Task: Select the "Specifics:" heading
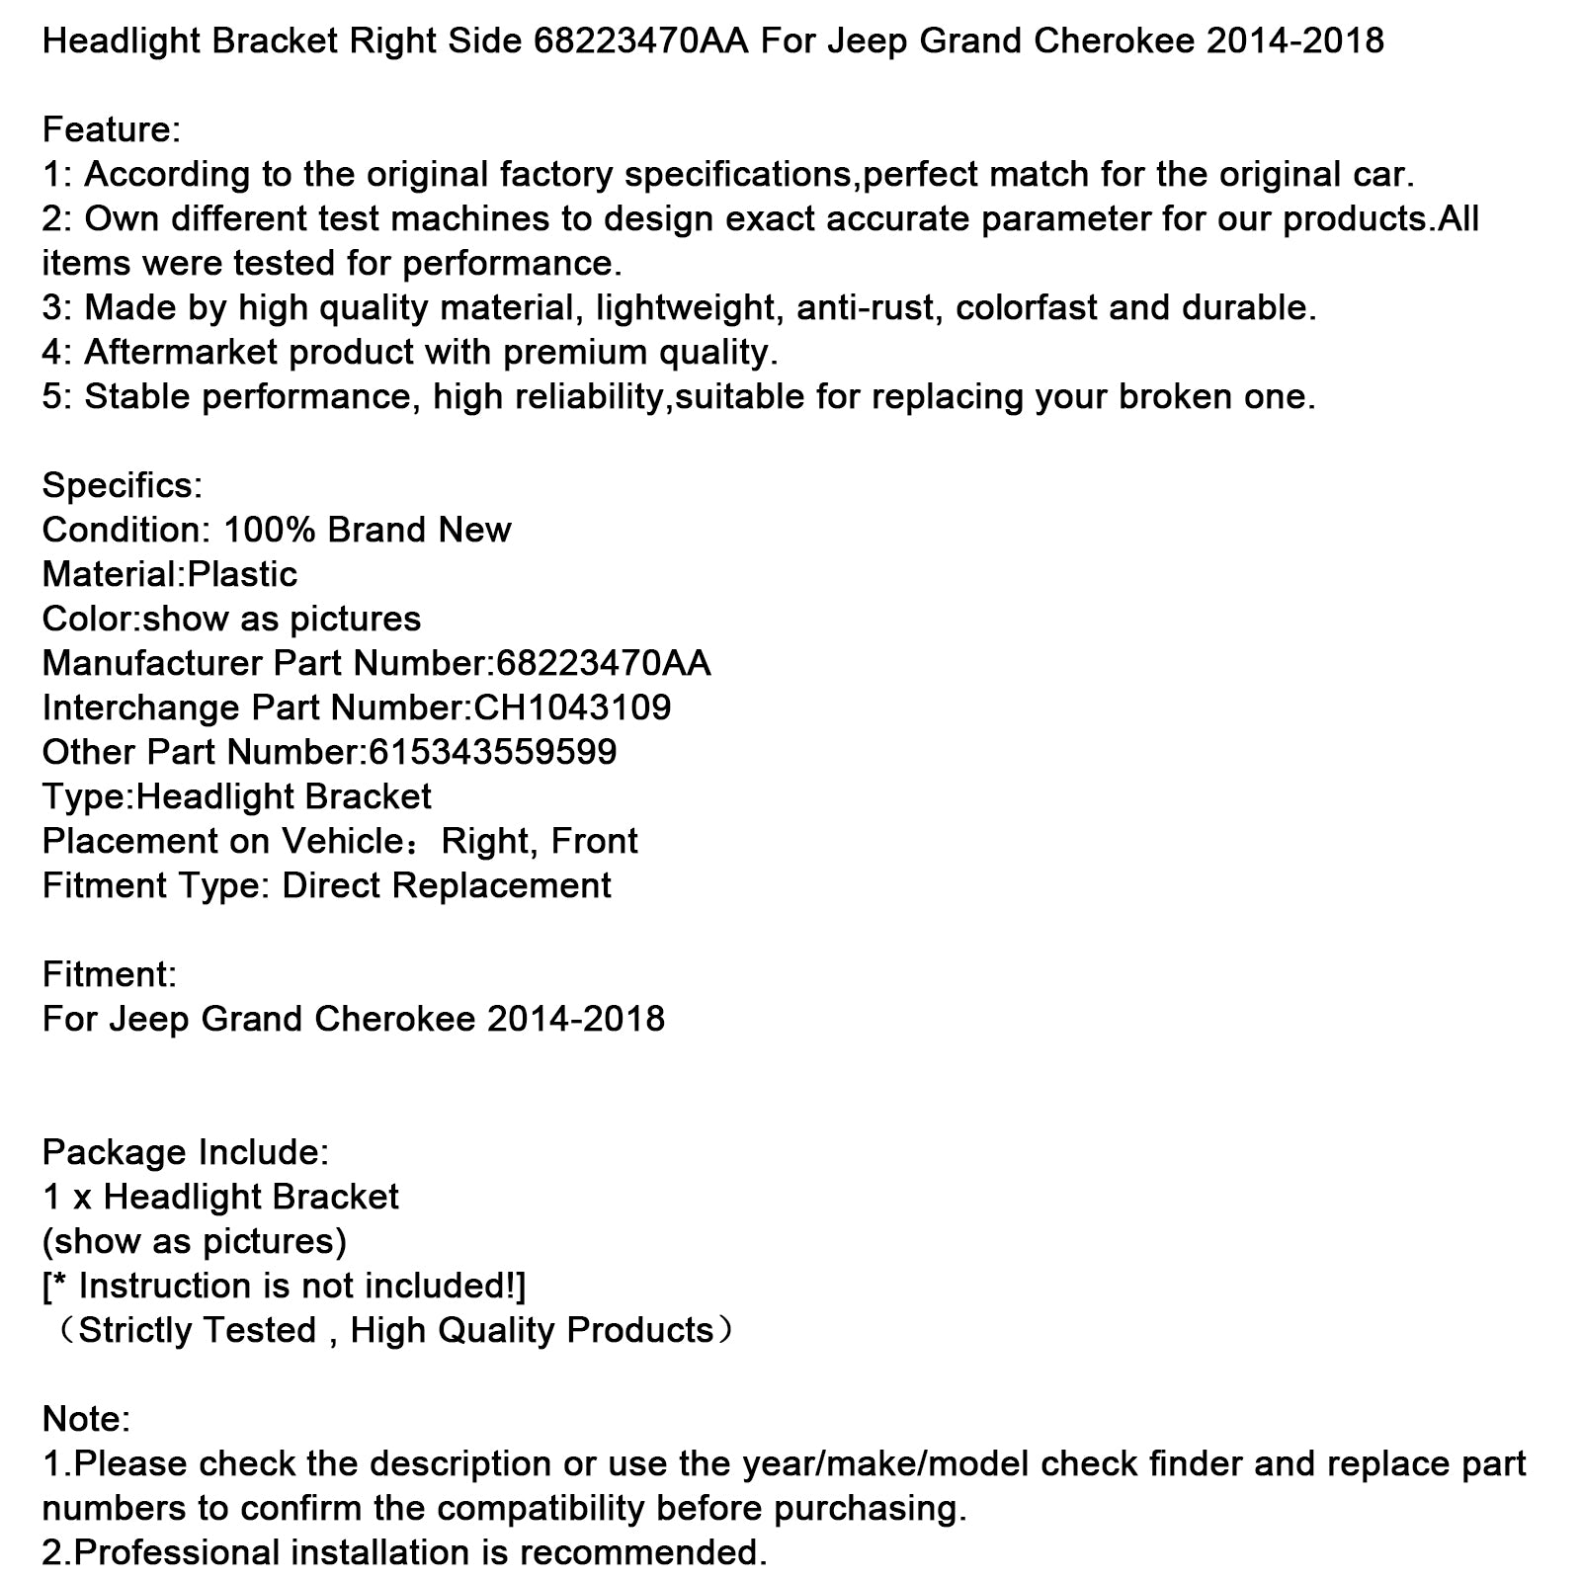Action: [x=122, y=485]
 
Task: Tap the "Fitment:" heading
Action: [x=109, y=974]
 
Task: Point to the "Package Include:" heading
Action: [x=186, y=1152]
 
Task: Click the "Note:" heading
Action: [x=86, y=1419]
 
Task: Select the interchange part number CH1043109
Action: [x=572, y=707]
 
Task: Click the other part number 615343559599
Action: [x=492, y=752]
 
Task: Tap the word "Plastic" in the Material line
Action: [x=242, y=574]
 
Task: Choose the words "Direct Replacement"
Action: [x=447, y=885]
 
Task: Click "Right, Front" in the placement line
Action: [x=540, y=841]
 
